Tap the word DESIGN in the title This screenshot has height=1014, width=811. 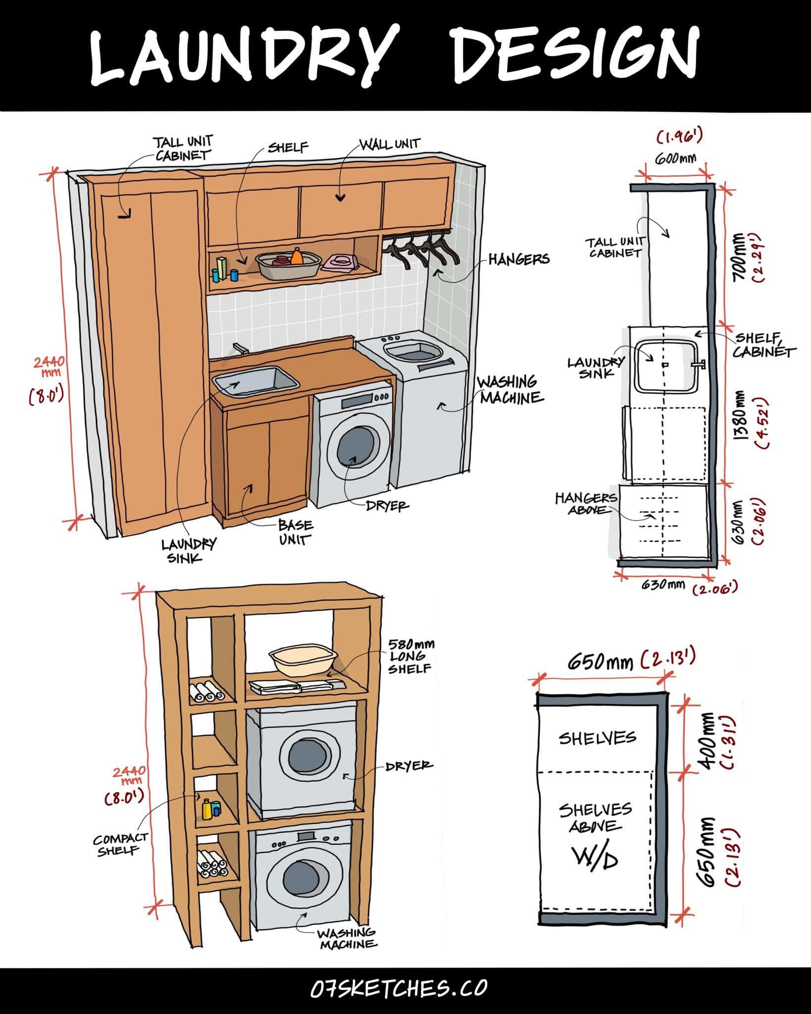point(575,56)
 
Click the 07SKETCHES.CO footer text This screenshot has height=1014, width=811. point(399,988)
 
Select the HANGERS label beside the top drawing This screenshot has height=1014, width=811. point(518,259)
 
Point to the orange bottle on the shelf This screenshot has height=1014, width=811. point(297,256)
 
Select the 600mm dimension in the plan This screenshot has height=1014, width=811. point(675,159)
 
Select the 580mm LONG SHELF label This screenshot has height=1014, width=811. point(410,656)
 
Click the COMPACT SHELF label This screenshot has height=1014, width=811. point(120,844)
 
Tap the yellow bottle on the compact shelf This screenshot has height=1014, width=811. point(207,810)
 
